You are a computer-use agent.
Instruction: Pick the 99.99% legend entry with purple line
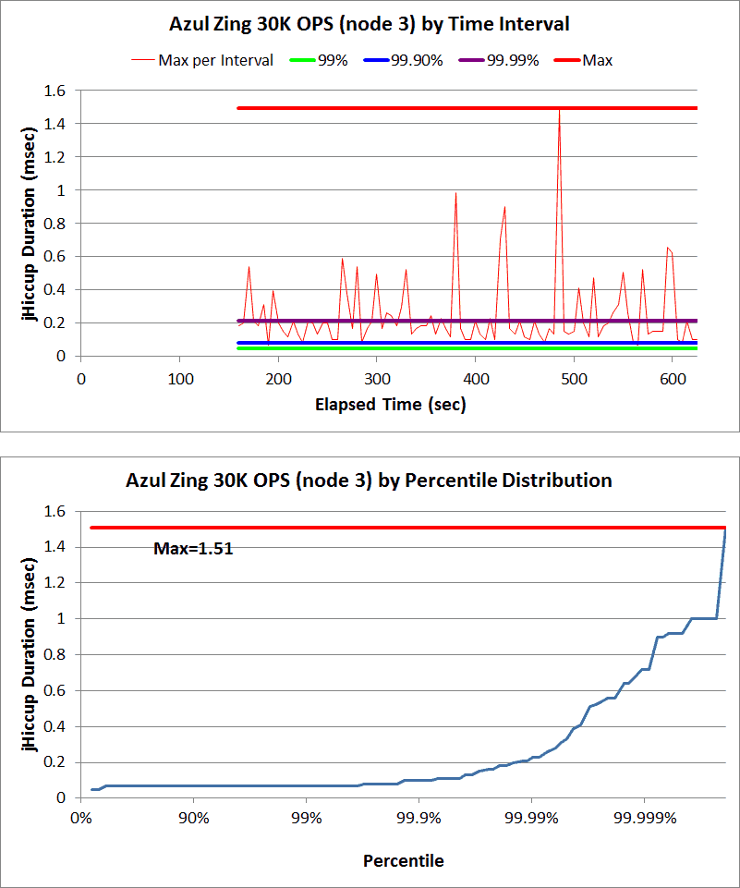tap(513, 61)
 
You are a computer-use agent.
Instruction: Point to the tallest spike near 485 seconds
tap(559, 112)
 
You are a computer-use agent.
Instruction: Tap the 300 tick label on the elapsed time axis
tap(278, 379)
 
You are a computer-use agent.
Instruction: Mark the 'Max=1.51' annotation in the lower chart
tap(192, 549)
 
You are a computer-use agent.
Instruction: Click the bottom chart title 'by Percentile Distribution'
tap(370, 480)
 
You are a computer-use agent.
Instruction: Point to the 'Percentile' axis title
tap(403, 861)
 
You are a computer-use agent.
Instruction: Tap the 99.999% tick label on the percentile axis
tap(644, 818)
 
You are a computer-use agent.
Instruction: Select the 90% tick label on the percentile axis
tap(193, 818)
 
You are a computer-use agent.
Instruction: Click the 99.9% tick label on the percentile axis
tap(419, 818)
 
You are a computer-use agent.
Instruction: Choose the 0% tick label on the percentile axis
tap(80, 818)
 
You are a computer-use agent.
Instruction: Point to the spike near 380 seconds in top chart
tap(455, 194)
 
